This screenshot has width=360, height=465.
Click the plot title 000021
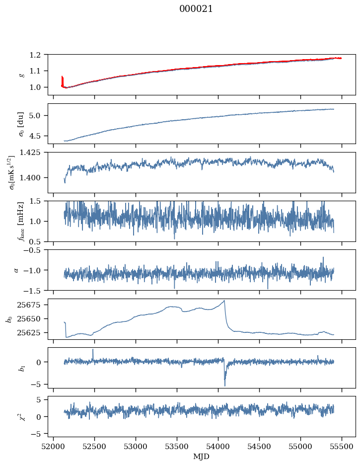coord(196,9)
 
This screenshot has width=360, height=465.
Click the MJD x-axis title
coord(202,456)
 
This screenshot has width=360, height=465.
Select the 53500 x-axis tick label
coord(177,446)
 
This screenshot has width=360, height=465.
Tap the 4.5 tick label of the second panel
coord(40,136)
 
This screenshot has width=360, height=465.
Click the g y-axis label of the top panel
coord(21,75)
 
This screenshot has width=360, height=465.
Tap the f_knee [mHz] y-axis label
coord(21,221)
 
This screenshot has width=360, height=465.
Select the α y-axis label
coord(16,270)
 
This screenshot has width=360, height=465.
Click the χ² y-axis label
coord(21,416)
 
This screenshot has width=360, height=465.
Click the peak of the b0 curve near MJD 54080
coord(224,301)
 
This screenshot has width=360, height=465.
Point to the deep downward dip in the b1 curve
coord(225,385)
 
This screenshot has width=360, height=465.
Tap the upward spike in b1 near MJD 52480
coord(93,350)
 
